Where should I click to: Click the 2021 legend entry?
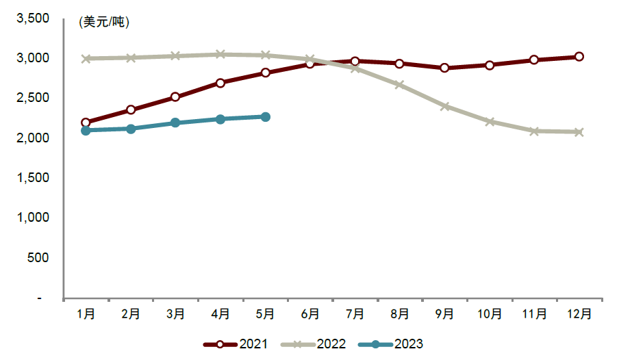(235, 344)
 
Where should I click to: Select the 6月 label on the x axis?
(310, 314)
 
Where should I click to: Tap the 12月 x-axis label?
(579, 314)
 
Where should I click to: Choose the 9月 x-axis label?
(444, 314)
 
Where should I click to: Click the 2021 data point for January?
(86, 123)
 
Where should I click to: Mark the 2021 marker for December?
(579, 57)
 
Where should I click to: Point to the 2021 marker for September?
(444, 68)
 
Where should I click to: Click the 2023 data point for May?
(265, 117)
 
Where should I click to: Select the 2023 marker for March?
(175, 123)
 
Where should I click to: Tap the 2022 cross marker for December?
(579, 132)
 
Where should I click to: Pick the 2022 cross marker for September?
(444, 107)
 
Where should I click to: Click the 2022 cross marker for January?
(86, 59)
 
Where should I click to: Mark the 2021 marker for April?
(220, 83)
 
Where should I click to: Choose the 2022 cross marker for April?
(220, 54)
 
